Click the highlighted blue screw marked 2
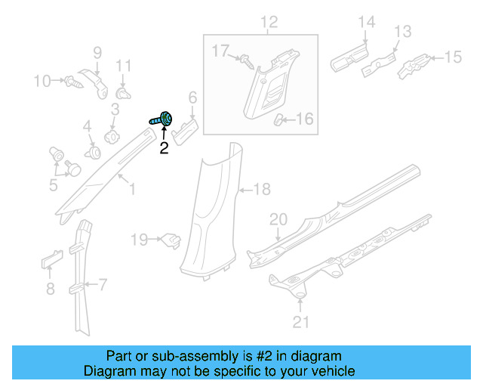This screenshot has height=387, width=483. pos(162,119)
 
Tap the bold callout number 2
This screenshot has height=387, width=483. pos(164,149)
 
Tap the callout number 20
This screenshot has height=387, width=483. pos(278,219)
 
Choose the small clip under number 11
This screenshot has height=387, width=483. pos(124,94)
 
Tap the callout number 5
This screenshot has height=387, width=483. pos(54,184)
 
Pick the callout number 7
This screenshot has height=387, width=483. pos(103,285)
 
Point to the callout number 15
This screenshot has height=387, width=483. pos(452,56)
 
